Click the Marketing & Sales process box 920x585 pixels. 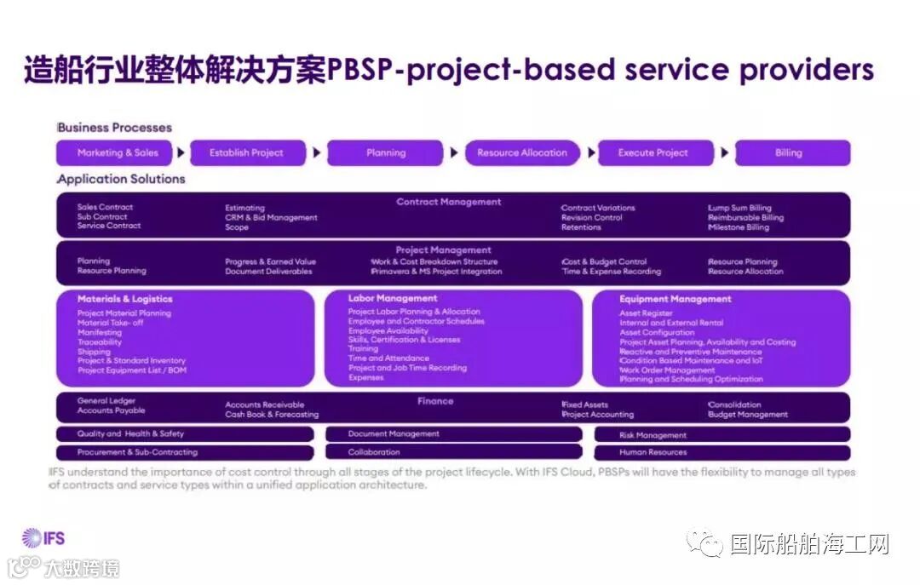click(x=117, y=153)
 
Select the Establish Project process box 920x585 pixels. click(x=246, y=153)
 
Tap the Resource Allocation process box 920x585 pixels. click(x=521, y=153)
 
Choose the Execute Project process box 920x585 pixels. click(x=653, y=153)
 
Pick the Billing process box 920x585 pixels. click(x=789, y=153)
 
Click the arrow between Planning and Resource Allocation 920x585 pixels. click(x=454, y=153)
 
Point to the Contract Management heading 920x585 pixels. click(x=449, y=203)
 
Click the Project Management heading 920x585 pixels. click(x=443, y=250)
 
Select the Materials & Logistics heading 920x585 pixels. click(x=124, y=300)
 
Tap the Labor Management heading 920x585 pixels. click(x=393, y=299)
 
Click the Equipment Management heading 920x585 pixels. click(x=675, y=300)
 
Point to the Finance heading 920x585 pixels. click(x=435, y=401)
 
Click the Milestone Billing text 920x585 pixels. click(x=738, y=227)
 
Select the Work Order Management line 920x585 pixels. click(x=667, y=370)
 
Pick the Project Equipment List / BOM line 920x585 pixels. click(x=131, y=370)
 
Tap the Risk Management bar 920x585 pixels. click(x=653, y=435)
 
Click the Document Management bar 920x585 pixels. click(x=394, y=434)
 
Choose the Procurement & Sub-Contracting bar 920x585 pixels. click(x=137, y=452)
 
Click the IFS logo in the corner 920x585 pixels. click(x=43, y=537)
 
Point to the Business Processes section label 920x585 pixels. click(x=114, y=128)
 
